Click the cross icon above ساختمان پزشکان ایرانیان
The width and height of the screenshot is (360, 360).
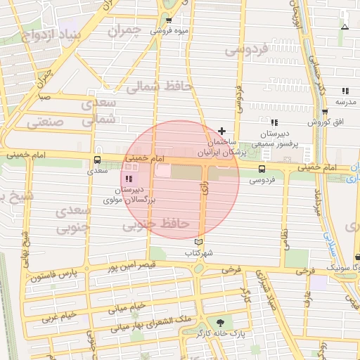[x=222, y=131]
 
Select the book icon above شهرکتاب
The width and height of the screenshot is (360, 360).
[x=198, y=242]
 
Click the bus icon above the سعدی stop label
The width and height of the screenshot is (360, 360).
[x=97, y=160]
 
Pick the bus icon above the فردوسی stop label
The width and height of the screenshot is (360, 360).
[x=262, y=169]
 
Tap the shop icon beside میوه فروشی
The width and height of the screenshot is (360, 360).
[x=169, y=21]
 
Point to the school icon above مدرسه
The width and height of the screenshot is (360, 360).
[x=345, y=91]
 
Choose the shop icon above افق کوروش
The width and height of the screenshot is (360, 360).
[x=324, y=112]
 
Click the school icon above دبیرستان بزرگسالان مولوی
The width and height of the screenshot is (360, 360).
[x=129, y=179]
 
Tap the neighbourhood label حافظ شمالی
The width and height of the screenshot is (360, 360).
[x=153, y=87]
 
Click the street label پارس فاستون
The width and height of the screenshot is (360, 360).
[x=52, y=277]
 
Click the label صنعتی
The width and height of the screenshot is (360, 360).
[x=46, y=122]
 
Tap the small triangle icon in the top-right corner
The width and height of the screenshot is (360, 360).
[x=344, y=27]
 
